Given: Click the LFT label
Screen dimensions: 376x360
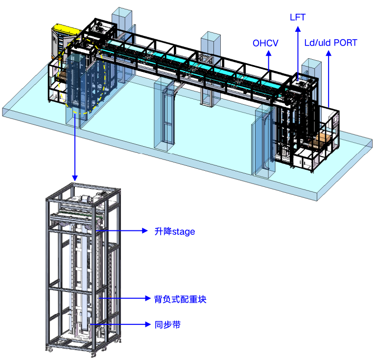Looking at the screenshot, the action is point(298,17).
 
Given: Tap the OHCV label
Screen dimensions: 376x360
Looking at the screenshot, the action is point(265,43).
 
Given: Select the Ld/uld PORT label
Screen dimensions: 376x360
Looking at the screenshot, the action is point(330,43).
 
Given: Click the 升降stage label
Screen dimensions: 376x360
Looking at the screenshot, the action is point(175,232).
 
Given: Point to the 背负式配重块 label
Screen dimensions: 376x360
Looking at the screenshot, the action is point(180,299).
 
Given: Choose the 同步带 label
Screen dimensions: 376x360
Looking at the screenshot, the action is point(167,325).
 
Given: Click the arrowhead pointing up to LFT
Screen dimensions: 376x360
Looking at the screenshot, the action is point(298,29).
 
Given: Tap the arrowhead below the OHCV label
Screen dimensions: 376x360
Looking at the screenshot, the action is point(269,53).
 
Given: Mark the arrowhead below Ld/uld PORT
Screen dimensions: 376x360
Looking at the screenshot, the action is point(329,53).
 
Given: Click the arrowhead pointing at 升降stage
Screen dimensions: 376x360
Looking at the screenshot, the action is point(144,231).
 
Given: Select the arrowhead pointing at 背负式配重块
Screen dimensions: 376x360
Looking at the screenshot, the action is point(148,298).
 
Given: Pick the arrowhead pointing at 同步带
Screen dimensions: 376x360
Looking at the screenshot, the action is point(148,324).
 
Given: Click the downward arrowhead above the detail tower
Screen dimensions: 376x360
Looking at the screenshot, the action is point(75,178).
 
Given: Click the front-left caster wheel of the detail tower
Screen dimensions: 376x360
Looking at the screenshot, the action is point(50,349).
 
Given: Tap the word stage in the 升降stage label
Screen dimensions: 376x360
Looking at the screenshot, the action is point(184,232).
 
